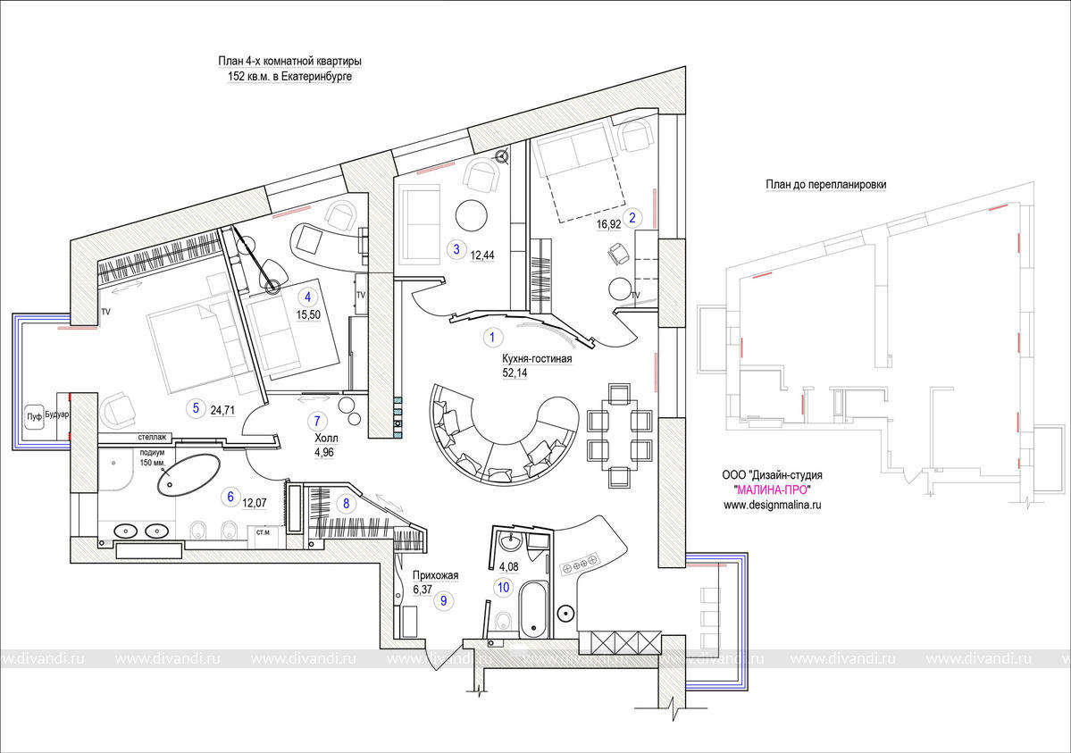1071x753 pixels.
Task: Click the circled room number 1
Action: [x=492, y=337]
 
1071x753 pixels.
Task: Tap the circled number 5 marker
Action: [x=196, y=408]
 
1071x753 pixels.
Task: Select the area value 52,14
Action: [x=515, y=373]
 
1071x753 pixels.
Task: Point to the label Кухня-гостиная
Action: [x=537, y=359]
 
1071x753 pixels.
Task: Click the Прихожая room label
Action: [x=435, y=575]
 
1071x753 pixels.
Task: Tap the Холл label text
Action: [x=326, y=438]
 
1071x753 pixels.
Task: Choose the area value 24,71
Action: [x=222, y=411]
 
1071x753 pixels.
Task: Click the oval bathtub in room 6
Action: [x=188, y=474]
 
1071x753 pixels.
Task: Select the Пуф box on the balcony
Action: [x=34, y=416]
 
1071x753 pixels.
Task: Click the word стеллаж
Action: [x=152, y=437]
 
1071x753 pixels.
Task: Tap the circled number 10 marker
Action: [x=504, y=587]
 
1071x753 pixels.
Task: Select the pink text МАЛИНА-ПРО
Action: [x=772, y=489]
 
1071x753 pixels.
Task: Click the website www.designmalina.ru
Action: [x=772, y=505]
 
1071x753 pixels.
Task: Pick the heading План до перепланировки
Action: [x=825, y=185]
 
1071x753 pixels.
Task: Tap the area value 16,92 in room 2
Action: [x=608, y=223]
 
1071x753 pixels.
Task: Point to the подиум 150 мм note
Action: [x=153, y=457]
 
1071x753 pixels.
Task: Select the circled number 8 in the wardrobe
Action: [x=347, y=504]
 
